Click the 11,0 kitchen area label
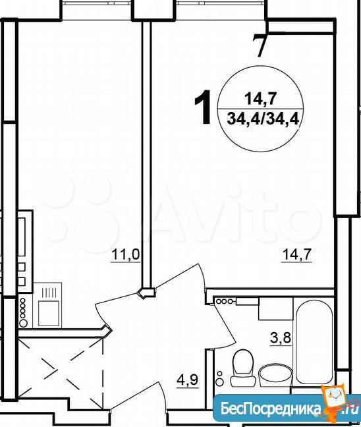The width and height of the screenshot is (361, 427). (126, 256)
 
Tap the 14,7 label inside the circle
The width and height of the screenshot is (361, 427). (261, 99)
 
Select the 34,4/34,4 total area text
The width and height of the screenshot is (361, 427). (263, 119)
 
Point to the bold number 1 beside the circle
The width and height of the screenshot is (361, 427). (204, 107)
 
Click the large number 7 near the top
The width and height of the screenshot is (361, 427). (260, 45)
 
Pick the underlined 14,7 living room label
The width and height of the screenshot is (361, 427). (297, 256)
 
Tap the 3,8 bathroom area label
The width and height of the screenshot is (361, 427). (281, 339)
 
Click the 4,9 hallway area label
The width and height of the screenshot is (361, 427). (188, 380)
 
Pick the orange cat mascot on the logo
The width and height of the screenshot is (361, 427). (334, 398)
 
